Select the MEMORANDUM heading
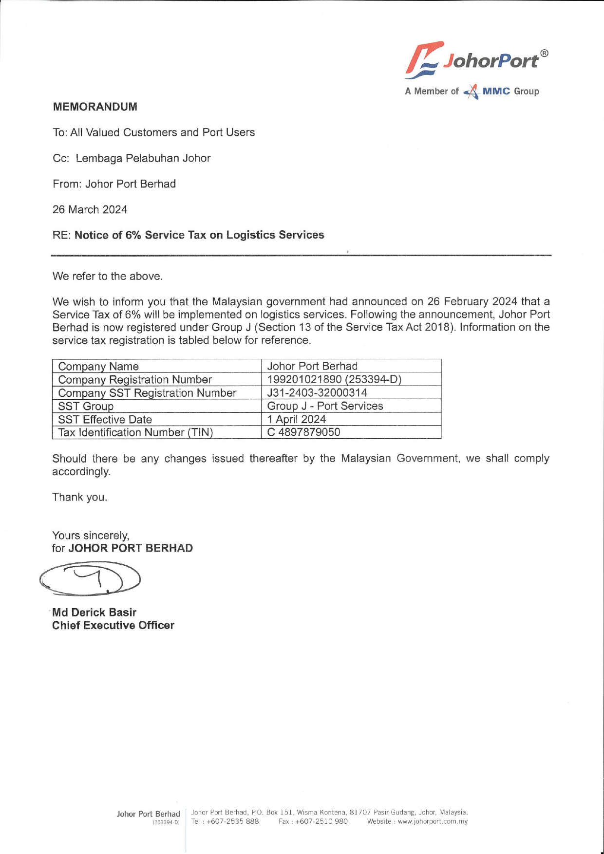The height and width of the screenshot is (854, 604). (95, 107)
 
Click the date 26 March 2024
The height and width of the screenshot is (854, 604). (90, 210)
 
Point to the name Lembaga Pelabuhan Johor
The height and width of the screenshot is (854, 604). (143, 158)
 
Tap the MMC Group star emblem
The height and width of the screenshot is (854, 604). (471, 92)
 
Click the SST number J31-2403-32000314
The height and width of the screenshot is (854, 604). (317, 393)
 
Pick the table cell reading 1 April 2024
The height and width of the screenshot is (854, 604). (297, 419)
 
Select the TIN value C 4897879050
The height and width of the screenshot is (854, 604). (303, 432)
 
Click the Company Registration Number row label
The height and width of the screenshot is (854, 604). (135, 380)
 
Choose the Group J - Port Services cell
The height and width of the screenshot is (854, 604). (325, 406)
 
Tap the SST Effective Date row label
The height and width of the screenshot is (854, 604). (105, 419)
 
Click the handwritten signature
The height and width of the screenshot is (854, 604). (90, 578)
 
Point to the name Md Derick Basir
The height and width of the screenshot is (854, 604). (94, 613)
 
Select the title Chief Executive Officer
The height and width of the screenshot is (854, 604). (113, 626)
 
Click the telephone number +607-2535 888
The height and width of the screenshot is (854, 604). (232, 821)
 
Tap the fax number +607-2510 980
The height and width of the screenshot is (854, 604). (321, 821)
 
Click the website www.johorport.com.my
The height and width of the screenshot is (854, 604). (433, 821)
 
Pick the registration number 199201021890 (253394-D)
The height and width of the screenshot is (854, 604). (334, 380)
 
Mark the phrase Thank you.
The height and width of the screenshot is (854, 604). (79, 497)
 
